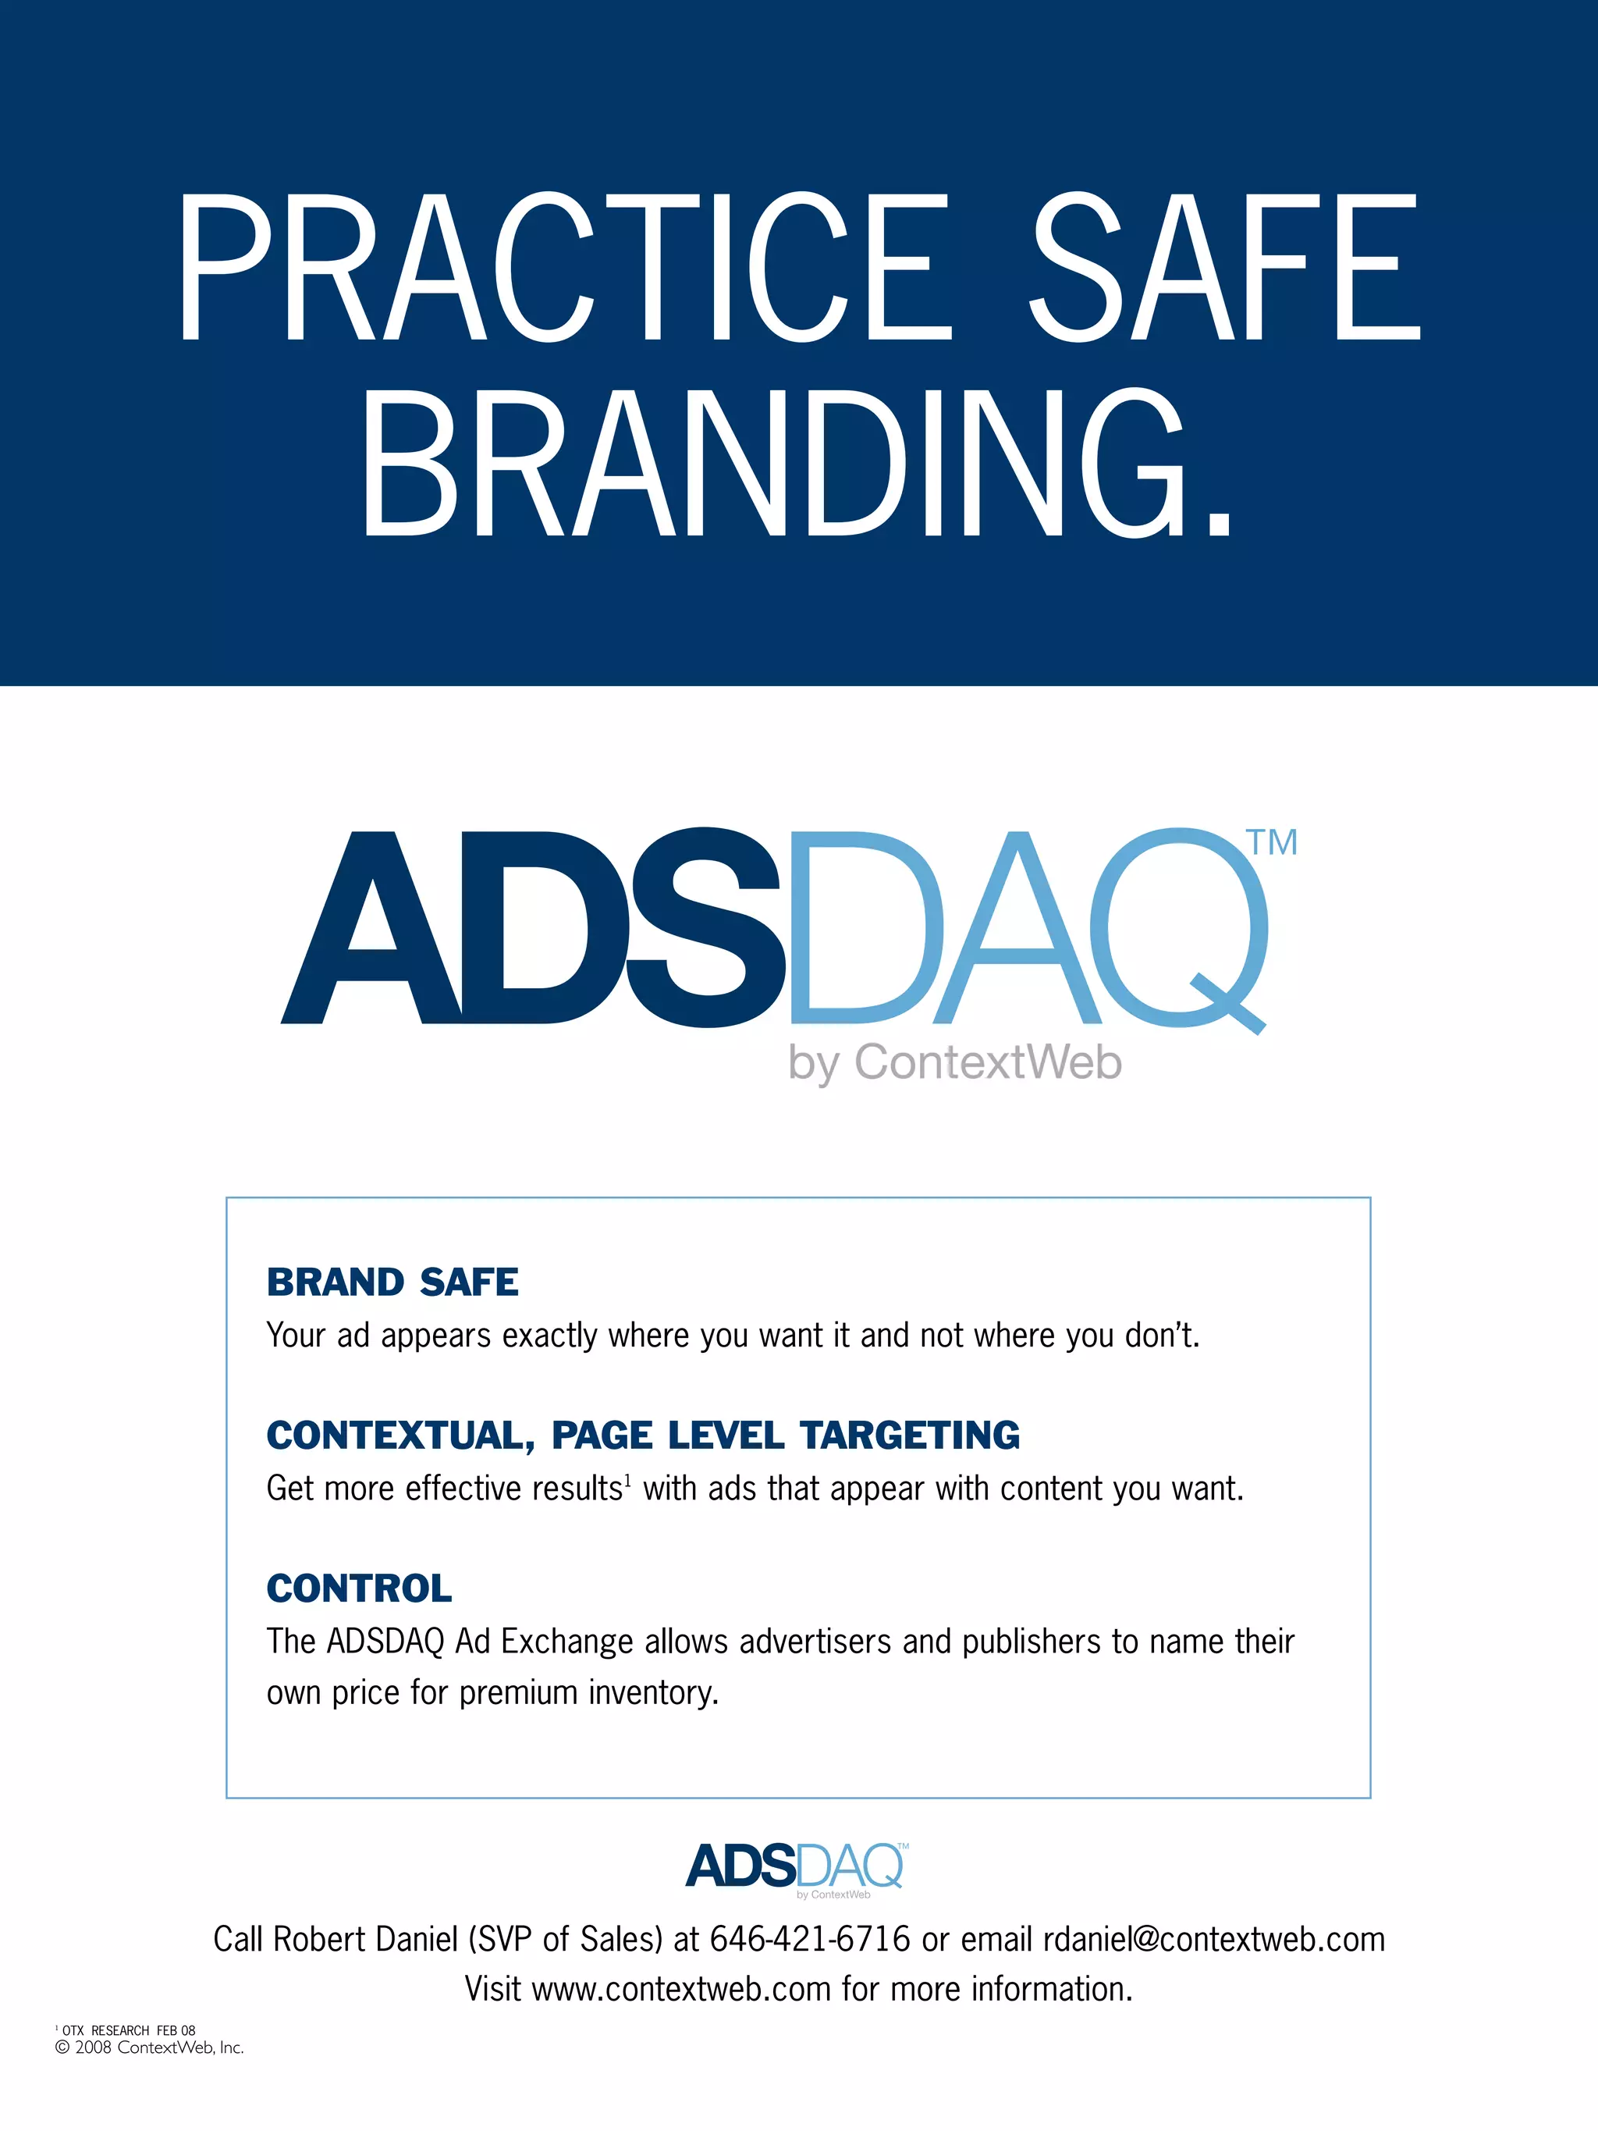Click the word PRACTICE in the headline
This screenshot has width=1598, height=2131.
coord(563,267)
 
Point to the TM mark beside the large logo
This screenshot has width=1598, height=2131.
coord(1273,842)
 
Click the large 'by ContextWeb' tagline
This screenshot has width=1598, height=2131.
coord(954,1062)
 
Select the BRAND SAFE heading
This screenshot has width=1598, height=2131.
coord(392,1283)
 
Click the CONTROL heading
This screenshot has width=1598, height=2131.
coord(359,1588)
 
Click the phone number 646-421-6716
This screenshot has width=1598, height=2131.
coord(809,1939)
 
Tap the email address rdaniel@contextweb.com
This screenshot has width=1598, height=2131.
coord(1213,1939)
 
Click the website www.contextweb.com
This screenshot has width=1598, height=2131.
coord(681,1990)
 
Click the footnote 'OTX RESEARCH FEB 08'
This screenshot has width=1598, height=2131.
coord(128,2030)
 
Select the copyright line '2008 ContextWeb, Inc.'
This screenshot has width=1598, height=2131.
coord(154,2048)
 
